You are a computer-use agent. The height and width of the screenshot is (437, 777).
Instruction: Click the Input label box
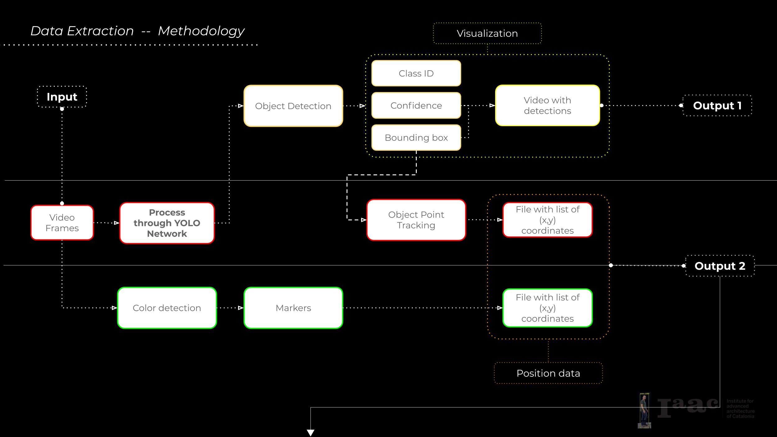click(62, 97)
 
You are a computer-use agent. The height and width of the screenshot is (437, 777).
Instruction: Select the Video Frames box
click(62, 223)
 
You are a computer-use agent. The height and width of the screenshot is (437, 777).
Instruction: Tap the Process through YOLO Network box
click(167, 223)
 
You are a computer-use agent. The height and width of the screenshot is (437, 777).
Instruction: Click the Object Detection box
click(293, 106)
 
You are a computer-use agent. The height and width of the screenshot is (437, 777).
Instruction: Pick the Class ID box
click(416, 73)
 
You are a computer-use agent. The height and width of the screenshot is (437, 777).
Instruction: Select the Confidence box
click(416, 105)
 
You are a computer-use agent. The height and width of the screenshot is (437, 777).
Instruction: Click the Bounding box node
click(416, 137)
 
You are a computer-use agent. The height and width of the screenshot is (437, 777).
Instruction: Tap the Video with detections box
click(547, 105)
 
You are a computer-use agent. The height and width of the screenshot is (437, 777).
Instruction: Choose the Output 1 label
click(717, 106)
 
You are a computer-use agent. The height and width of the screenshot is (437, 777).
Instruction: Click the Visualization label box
click(487, 33)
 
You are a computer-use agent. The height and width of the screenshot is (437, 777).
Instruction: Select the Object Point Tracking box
click(416, 220)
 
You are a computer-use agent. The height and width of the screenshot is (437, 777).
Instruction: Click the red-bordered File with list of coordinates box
click(547, 220)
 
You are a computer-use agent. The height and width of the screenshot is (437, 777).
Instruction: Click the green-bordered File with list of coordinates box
click(547, 308)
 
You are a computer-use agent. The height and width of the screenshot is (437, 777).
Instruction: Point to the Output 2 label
click(720, 266)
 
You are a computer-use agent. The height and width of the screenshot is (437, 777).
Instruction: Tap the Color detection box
click(167, 308)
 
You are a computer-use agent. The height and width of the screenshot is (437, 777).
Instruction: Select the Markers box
click(293, 308)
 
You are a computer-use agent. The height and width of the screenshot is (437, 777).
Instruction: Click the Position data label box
click(548, 373)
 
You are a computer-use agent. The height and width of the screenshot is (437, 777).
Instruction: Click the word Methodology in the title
click(201, 31)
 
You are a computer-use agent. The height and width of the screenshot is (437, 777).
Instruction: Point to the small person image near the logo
click(644, 410)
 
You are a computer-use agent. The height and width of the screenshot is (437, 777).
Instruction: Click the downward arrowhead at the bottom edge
click(310, 432)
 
